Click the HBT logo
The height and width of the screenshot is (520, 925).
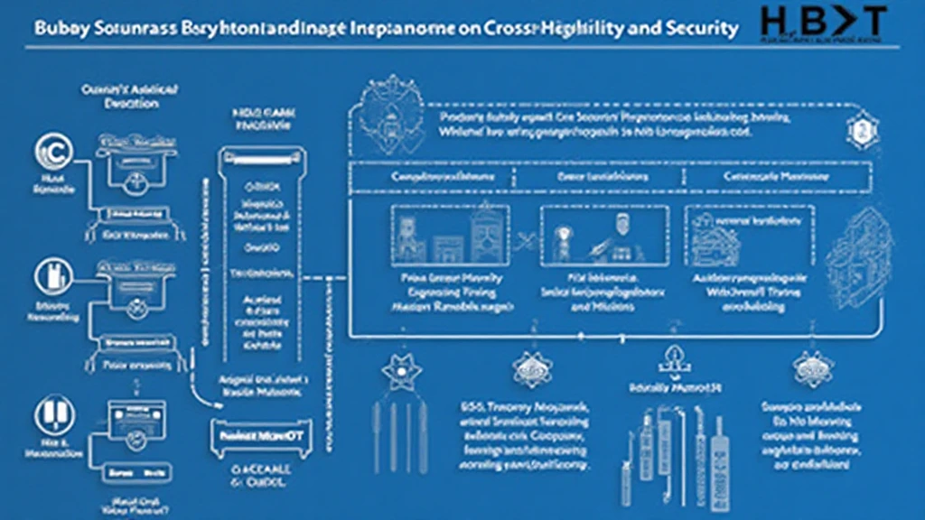point(821,23)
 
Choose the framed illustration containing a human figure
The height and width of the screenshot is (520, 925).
point(603,236)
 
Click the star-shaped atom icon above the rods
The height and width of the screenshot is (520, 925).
point(397,370)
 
